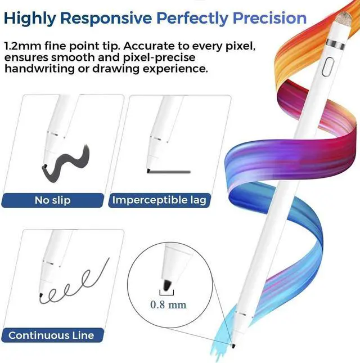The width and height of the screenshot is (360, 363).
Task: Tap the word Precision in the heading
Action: [263, 18]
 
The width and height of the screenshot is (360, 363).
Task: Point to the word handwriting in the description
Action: [39, 69]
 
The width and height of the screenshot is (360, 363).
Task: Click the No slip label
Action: [52, 200]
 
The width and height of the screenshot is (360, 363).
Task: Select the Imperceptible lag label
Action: [159, 200]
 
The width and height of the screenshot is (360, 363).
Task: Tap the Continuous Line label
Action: [51, 336]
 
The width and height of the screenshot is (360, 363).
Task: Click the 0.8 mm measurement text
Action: [168, 304]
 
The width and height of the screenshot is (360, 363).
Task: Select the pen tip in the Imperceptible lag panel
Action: [148, 169]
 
